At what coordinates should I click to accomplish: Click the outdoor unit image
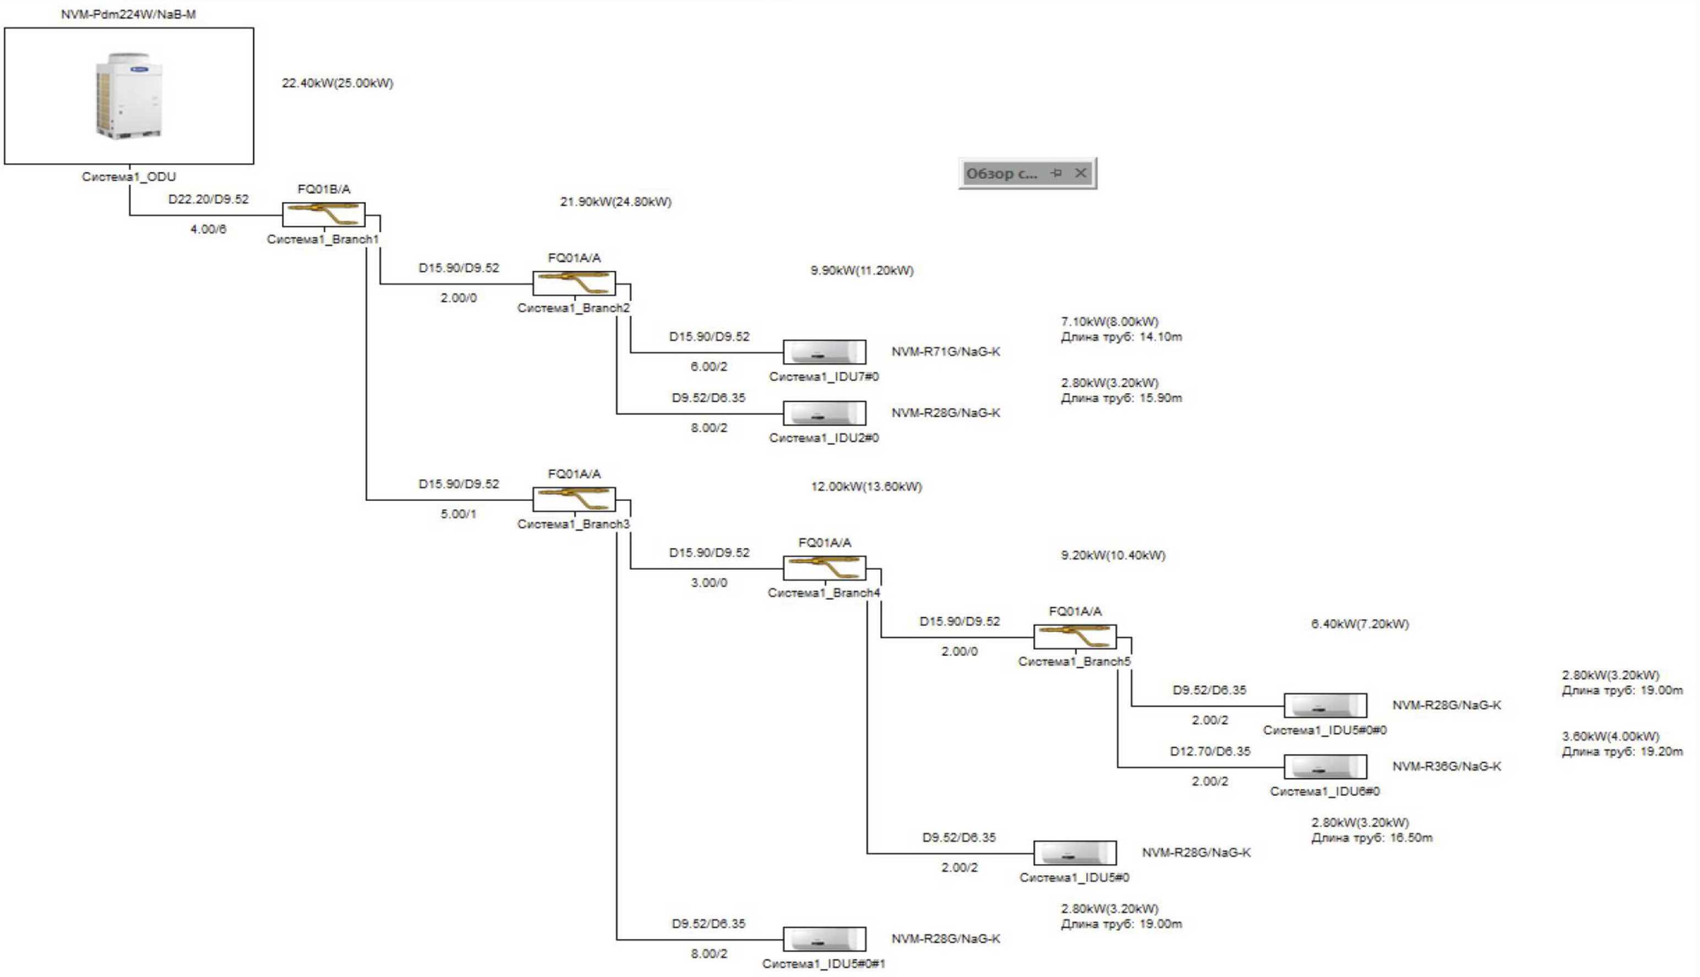[129, 96]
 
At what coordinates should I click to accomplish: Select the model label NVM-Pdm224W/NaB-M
[128, 14]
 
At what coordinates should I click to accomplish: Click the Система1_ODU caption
[129, 177]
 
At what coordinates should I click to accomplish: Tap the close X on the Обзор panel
[1081, 173]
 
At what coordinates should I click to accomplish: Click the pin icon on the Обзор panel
[1056, 173]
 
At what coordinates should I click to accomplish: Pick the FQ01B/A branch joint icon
[324, 215]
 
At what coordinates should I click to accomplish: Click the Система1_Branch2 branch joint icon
[574, 283]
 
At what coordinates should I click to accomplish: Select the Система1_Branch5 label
[1075, 662]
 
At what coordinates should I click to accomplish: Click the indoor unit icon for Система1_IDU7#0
[824, 352]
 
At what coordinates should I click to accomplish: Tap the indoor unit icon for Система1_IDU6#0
[1326, 766]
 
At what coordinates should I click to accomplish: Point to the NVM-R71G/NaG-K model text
[946, 352]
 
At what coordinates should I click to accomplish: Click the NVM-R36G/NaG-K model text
[1447, 766]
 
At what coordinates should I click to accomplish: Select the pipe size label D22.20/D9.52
[208, 199]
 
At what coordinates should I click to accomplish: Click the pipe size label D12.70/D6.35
[1210, 751]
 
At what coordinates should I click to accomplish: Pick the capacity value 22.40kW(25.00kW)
[337, 83]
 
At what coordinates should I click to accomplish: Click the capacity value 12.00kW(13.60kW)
[867, 487]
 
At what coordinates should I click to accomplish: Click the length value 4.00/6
[208, 230]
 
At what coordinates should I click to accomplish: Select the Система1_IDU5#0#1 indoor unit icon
[824, 939]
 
